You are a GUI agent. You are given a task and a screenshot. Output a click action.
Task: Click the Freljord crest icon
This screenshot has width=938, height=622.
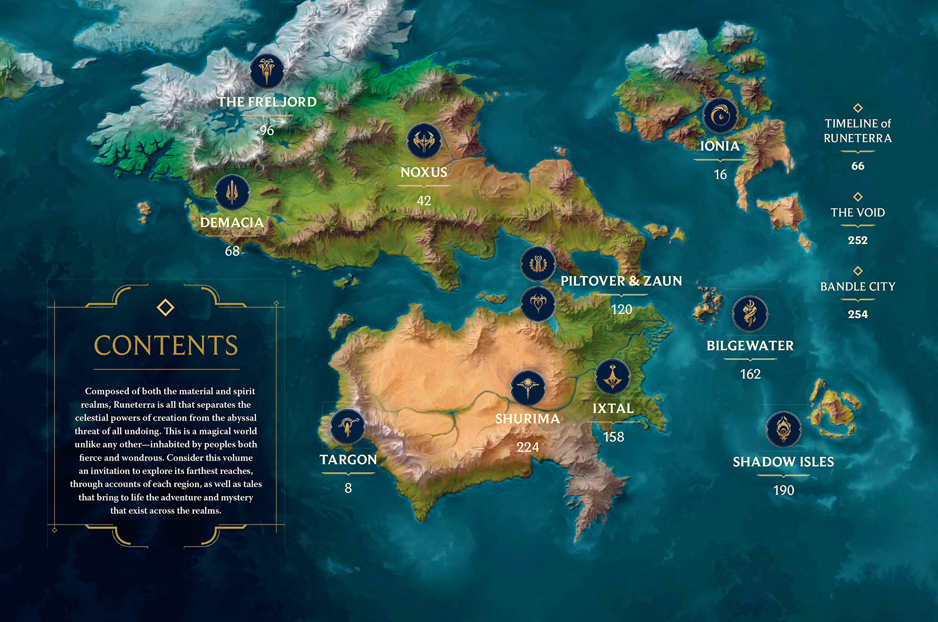(x=267, y=71)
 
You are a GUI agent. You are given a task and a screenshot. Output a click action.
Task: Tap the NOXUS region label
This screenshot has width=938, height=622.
(x=424, y=172)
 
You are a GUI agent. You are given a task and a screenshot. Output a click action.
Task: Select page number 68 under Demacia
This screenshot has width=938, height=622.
(x=232, y=251)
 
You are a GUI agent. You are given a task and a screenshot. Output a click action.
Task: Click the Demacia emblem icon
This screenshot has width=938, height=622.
(x=232, y=193)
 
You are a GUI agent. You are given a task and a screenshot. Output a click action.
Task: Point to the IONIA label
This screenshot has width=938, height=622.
(x=720, y=146)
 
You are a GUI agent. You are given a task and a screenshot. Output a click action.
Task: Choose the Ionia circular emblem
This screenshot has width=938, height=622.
(x=720, y=116)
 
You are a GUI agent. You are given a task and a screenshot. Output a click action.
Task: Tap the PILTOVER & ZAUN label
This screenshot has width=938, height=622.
(x=621, y=281)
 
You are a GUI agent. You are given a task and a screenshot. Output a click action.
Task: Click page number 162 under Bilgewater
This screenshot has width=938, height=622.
(x=750, y=374)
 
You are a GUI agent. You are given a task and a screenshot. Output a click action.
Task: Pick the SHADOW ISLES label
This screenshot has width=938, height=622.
(x=783, y=462)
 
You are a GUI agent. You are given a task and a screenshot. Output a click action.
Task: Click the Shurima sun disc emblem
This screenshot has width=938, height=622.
(x=528, y=388)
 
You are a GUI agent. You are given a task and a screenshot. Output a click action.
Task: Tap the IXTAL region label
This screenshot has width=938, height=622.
(x=613, y=408)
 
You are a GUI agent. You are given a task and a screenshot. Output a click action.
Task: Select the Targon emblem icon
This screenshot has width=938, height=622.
(x=348, y=427)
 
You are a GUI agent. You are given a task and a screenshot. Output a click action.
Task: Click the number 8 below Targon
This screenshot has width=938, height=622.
(x=348, y=488)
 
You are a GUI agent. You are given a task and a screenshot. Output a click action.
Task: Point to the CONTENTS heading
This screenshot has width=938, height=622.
(x=166, y=345)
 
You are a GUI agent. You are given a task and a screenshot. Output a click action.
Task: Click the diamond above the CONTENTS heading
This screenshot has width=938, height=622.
(x=166, y=308)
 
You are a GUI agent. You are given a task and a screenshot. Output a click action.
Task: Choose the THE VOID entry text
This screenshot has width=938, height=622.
(x=857, y=212)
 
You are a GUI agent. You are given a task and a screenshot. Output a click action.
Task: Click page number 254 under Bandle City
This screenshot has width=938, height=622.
(x=857, y=314)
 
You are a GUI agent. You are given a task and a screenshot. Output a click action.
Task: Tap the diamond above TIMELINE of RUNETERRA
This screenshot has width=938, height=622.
(x=857, y=108)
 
